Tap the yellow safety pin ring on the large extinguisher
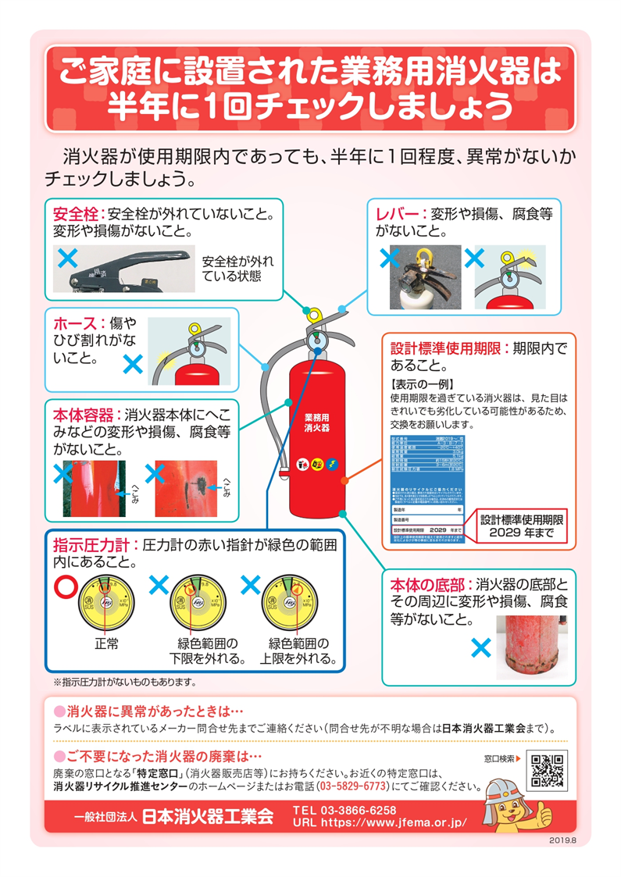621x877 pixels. click(314, 315)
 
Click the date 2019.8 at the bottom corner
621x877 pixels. click(562, 840)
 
